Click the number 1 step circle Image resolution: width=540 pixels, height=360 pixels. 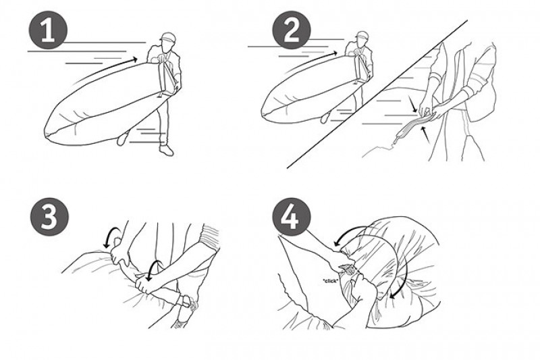(48, 30)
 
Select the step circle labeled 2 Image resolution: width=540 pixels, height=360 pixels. (292, 30)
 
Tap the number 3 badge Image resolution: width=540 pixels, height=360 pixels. (49, 217)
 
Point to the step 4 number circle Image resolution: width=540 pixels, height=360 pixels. (292, 217)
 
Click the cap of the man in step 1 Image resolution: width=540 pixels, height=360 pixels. (167, 36)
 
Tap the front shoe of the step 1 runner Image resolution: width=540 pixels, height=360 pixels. (166, 150)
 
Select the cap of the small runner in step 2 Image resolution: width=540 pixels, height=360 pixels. (362, 35)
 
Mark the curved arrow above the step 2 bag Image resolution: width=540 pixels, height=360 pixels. (310, 59)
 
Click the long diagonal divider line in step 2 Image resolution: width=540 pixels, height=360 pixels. (377, 94)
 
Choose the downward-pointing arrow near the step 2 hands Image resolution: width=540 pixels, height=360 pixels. (412, 104)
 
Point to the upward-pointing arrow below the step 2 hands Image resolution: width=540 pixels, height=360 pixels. (426, 134)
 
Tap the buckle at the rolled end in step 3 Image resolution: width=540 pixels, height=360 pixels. (186, 301)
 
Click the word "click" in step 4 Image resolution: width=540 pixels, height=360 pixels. (330, 281)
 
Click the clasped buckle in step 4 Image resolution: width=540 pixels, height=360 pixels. (347, 269)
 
